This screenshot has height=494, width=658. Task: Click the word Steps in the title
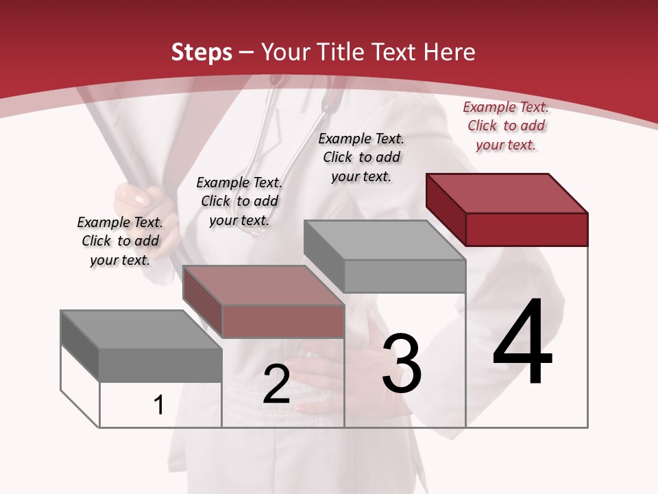tap(202, 52)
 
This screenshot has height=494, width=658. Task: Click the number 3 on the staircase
tap(402, 363)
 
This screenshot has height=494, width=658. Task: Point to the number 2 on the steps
tap(276, 384)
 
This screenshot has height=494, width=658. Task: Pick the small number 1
tap(159, 405)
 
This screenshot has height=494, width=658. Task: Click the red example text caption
tap(506, 126)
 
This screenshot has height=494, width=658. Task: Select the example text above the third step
tap(361, 157)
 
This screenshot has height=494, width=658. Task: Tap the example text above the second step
tap(239, 201)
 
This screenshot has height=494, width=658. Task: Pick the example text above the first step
tap(120, 241)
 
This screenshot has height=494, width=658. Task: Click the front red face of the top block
tap(526, 229)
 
